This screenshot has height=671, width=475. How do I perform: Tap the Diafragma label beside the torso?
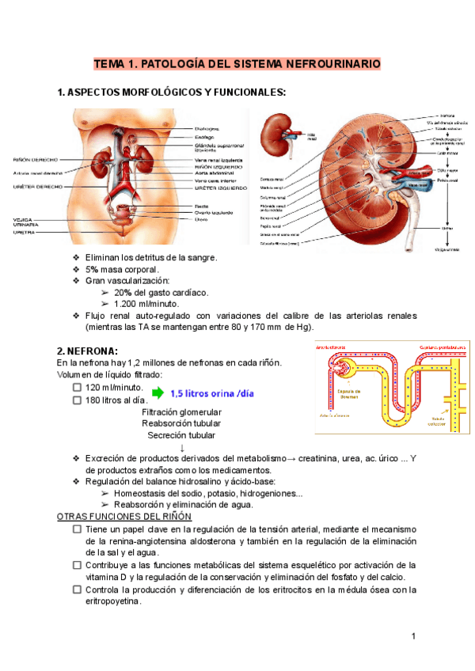208,128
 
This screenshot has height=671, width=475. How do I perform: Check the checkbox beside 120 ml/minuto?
77,388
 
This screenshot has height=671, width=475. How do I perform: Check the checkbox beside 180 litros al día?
77,400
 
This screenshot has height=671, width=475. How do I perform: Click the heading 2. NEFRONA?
87,351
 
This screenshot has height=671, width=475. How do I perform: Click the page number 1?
413,636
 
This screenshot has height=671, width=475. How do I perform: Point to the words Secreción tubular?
180,435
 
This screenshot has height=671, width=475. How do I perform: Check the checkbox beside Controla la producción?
77,589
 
